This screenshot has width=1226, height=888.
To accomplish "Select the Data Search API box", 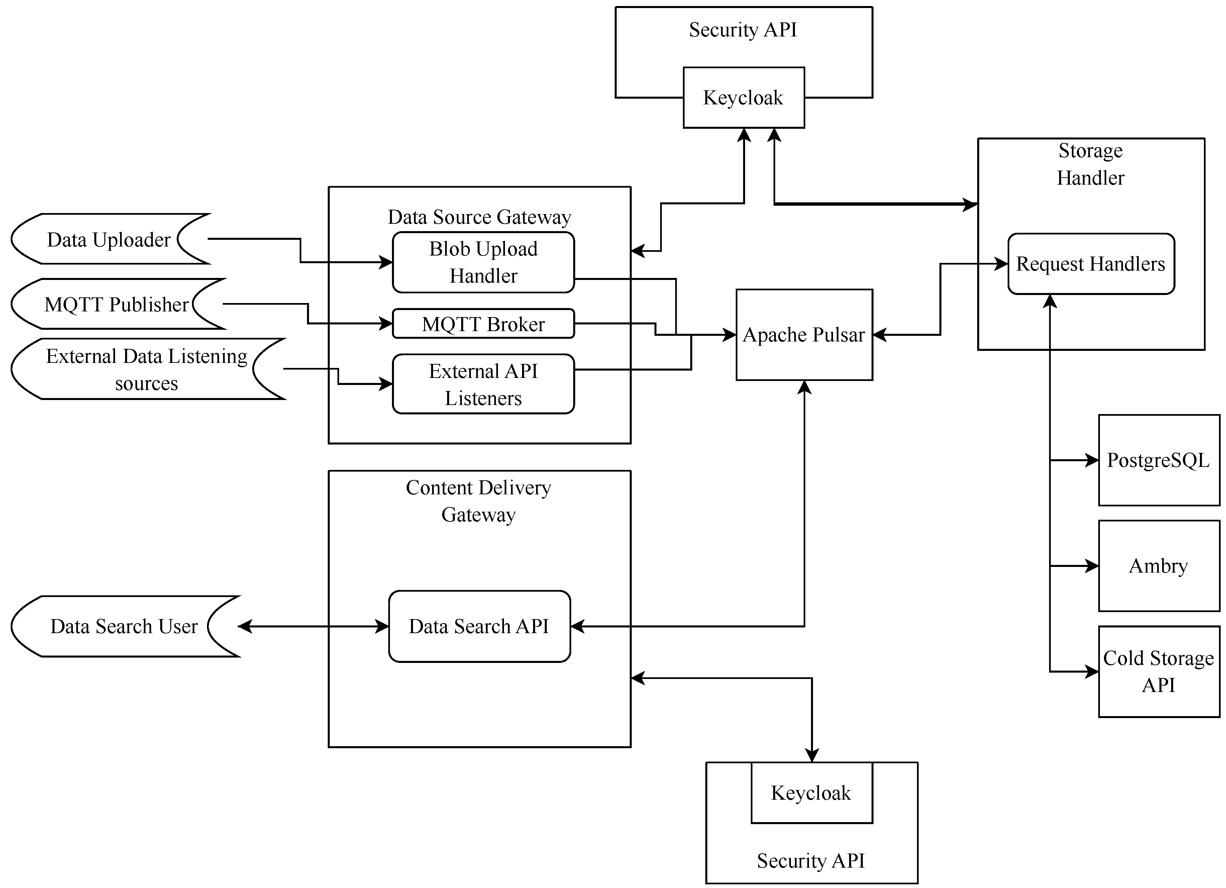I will coord(479,626).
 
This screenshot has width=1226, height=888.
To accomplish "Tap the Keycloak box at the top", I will coord(743,98).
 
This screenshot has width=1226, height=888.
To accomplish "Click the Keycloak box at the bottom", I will coord(811,793).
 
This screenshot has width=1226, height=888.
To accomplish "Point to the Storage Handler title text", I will coord(1090,164).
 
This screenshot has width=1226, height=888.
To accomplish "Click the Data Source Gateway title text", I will coord(479,217).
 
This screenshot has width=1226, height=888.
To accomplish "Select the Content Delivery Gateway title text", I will coord(479,501).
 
